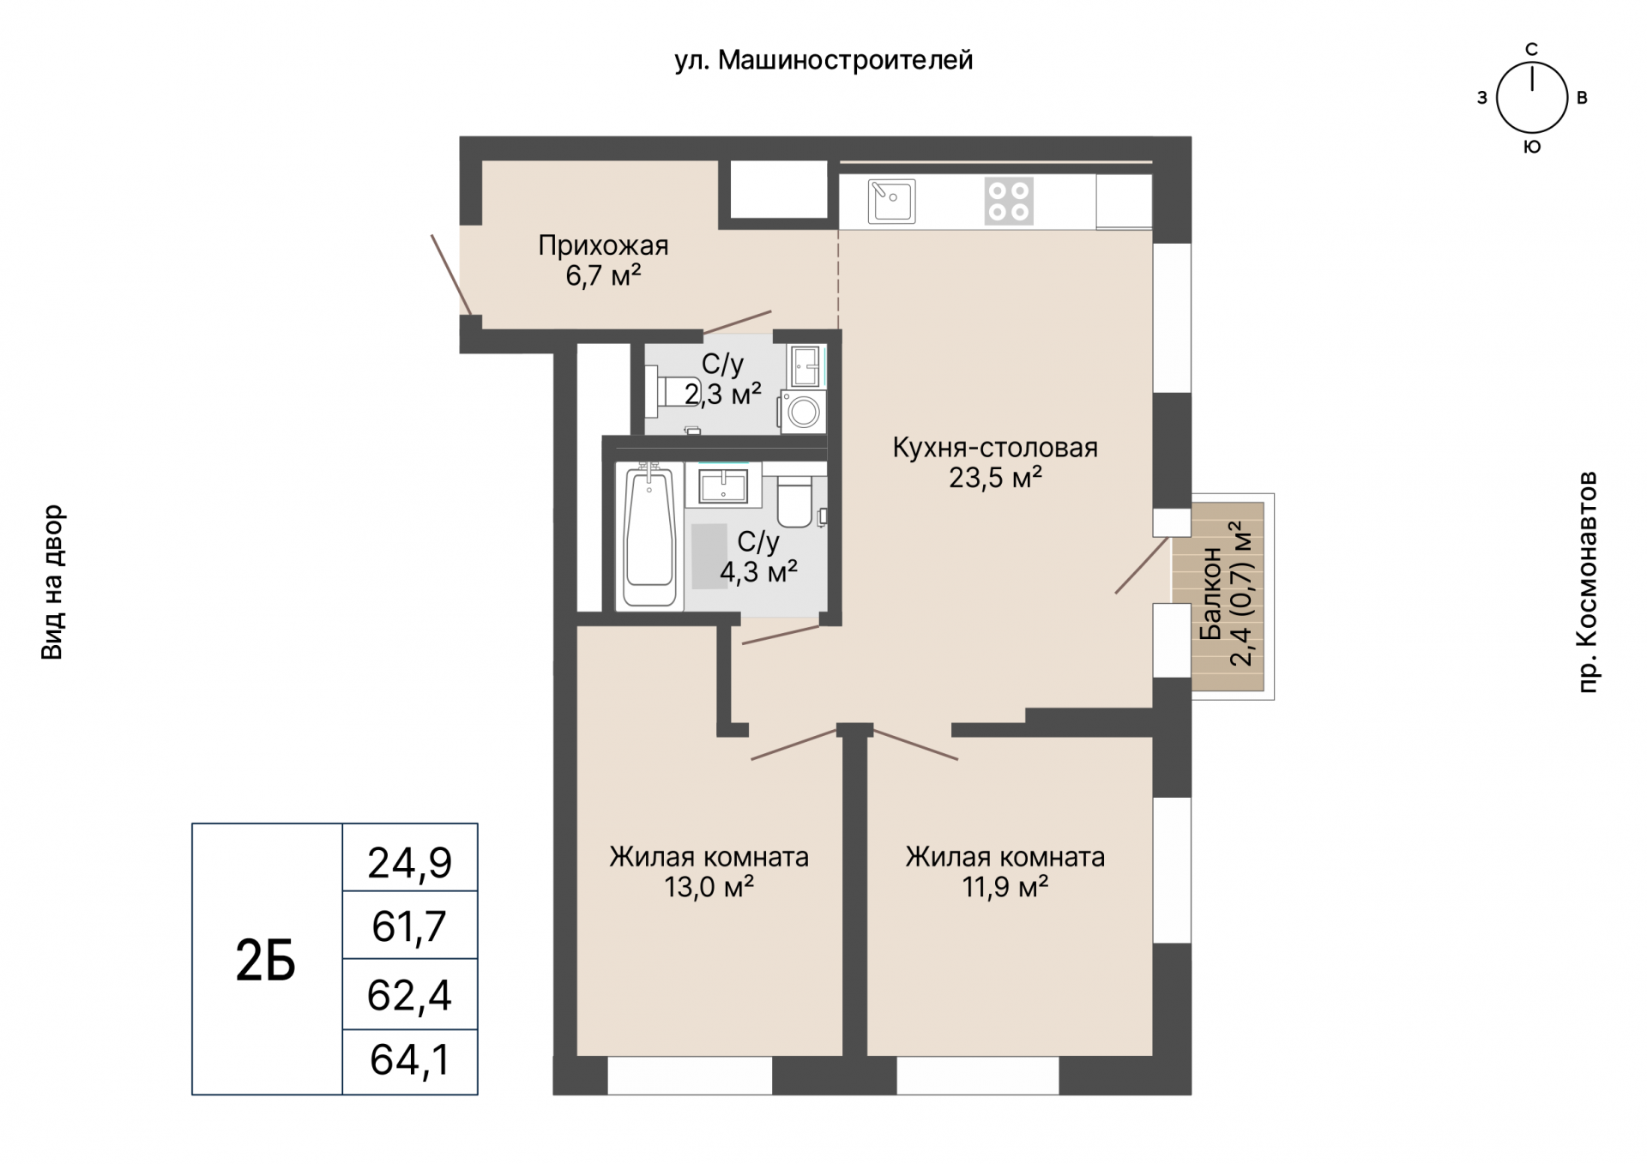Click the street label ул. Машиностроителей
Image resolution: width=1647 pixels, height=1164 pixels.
823,61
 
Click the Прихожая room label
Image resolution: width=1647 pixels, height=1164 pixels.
603,246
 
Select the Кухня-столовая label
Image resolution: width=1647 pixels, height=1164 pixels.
995,448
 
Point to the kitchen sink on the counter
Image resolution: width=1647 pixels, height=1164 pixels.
891,201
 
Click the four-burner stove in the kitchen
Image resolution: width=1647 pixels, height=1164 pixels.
1009,201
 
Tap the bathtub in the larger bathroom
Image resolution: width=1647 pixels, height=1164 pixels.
649,536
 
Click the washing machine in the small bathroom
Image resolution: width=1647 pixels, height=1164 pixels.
803,412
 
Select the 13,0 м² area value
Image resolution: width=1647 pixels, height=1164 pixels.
709,887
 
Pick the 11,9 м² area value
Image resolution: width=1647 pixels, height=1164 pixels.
1005,887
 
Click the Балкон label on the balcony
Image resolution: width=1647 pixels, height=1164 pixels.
1210,594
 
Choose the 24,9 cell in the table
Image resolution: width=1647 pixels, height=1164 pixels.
410,862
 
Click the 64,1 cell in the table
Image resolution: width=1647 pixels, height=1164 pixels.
410,1060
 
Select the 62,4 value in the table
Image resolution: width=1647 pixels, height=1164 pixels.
410,995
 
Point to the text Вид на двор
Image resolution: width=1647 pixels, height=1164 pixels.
52,582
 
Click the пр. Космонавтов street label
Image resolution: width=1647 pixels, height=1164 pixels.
1587,582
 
